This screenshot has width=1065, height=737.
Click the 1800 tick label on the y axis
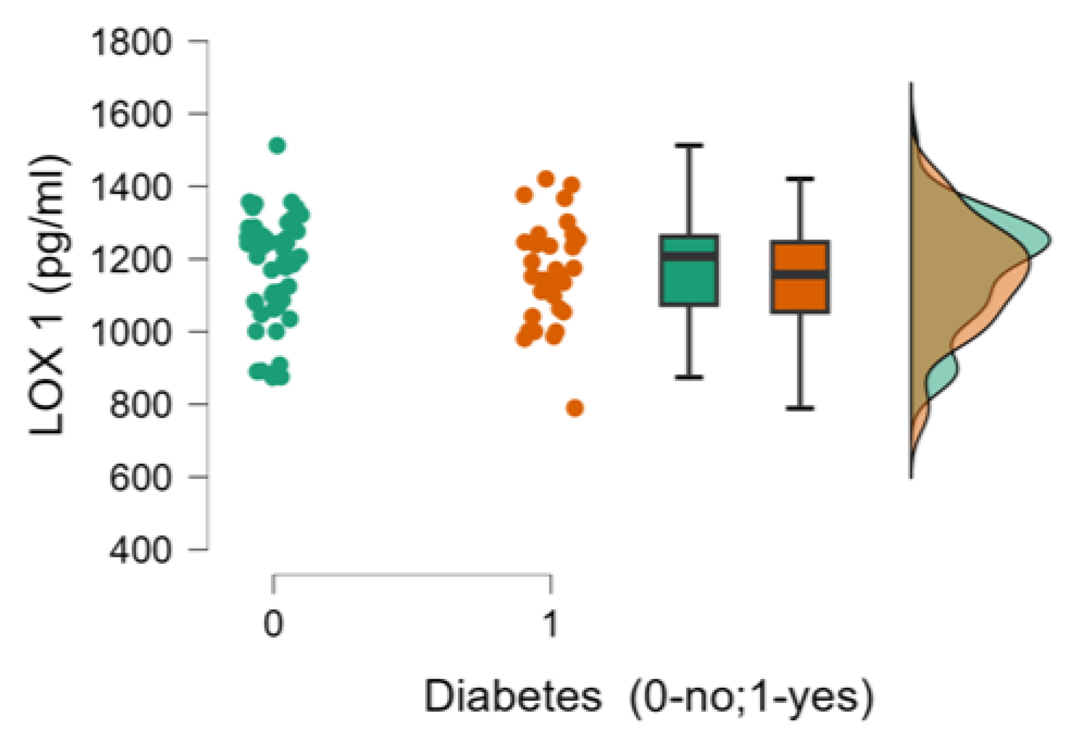[131, 42]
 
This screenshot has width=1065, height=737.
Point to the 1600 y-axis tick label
[131, 114]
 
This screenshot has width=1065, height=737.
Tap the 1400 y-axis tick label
[131, 187]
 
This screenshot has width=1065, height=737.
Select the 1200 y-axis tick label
[131, 259]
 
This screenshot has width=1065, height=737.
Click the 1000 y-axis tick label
[131, 332]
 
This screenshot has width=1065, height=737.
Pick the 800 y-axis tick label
[140, 405]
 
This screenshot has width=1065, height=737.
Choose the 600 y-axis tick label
[140, 477]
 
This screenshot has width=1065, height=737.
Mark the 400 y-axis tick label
[140, 550]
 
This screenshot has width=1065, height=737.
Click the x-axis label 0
[273, 624]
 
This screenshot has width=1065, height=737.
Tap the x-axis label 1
[550, 624]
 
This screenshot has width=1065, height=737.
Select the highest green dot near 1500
[278, 146]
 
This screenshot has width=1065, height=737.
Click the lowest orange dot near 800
[575, 408]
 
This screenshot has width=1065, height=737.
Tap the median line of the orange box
[800, 274]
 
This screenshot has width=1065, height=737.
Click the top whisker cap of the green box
[689, 146]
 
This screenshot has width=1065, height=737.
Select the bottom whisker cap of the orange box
[800, 408]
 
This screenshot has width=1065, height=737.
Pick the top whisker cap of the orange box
[800, 179]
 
